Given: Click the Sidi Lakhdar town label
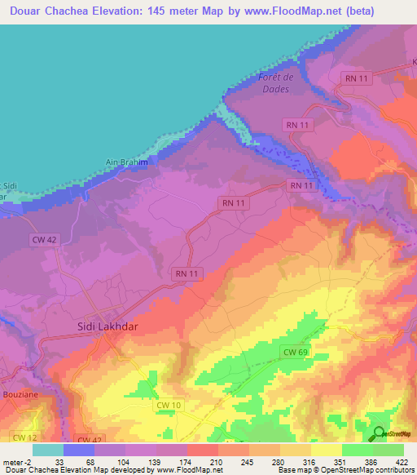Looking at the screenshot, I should [x=99, y=325].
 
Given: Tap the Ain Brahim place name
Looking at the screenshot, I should [x=126, y=162].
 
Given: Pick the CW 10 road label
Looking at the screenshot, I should [x=166, y=404].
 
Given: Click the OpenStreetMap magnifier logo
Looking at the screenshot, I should [x=379, y=433].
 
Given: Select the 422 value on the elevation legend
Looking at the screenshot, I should [x=404, y=461].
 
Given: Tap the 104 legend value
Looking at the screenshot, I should [x=124, y=461].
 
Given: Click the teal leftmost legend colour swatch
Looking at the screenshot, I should [x=48, y=450].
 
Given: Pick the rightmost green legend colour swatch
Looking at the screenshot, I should [x=388, y=450].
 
